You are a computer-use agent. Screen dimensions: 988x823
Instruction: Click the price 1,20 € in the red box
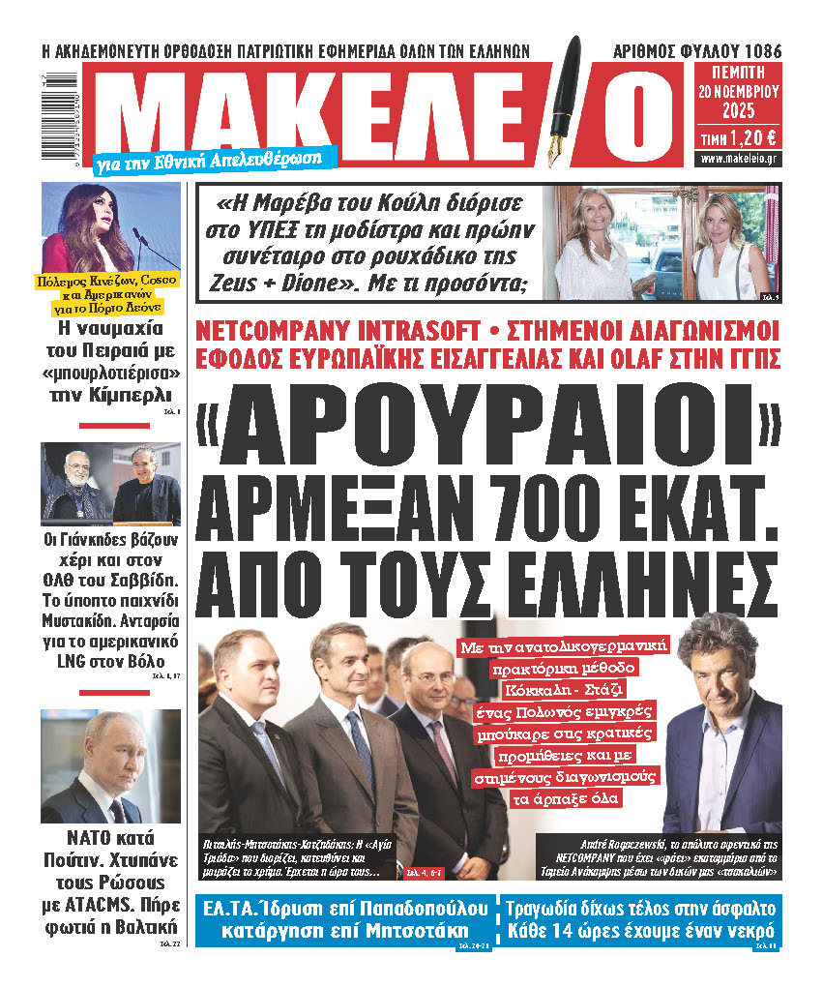739,137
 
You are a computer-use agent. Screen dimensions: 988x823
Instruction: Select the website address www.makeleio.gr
739,158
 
